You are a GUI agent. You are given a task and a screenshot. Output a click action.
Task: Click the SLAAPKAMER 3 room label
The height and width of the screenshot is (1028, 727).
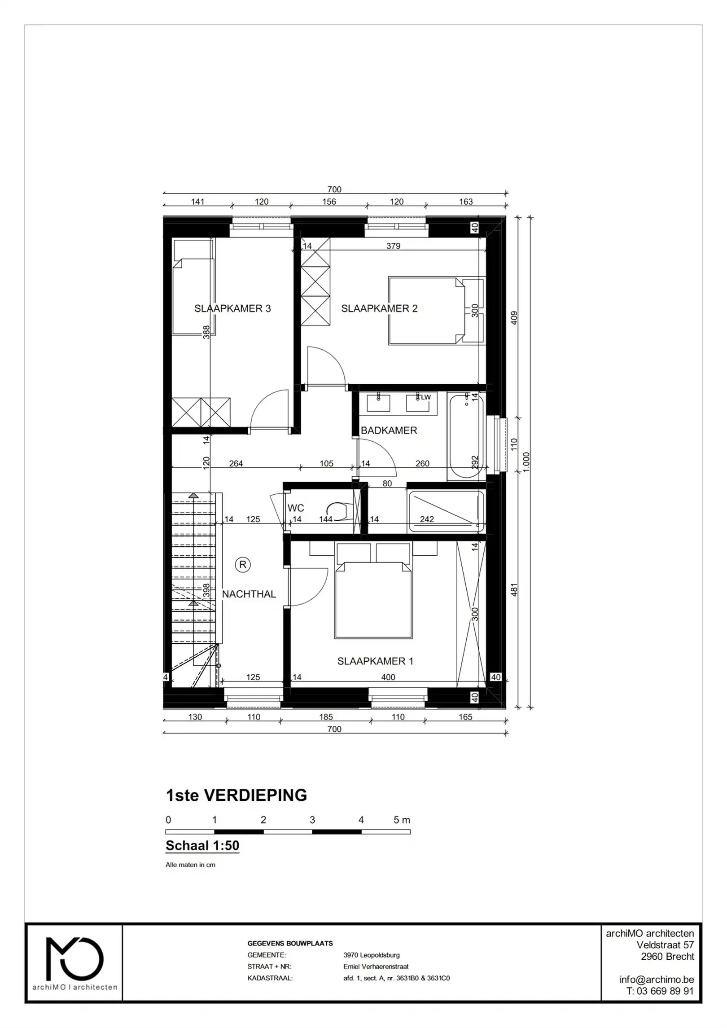pyautogui.click(x=232, y=308)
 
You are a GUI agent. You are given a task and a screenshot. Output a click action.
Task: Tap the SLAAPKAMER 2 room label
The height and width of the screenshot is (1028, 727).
pyautogui.click(x=379, y=308)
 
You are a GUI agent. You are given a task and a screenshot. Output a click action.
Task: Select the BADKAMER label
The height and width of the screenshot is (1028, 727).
pyautogui.click(x=389, y=430)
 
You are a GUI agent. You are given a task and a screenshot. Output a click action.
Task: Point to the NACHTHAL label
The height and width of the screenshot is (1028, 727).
pyautogui.click(x=249, y=594)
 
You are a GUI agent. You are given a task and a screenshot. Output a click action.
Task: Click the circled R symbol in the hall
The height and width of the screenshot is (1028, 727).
pyautogui.click(x=243, y=565)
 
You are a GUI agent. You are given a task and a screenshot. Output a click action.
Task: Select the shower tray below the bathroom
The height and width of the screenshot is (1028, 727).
pyautogui.click(x=446, y=512)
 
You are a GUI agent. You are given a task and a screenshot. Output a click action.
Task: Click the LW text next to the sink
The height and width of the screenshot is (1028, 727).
pyautogui.click(x=425, y=397)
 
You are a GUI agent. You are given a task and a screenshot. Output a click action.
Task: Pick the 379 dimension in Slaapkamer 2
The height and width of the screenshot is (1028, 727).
pyautogui.click(x=393, y=246)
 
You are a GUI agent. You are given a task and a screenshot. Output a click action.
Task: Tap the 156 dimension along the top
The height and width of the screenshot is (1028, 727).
pyautogui.click(x=329, y=202)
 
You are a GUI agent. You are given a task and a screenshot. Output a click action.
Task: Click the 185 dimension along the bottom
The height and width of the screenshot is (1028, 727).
pyautogui.click(x=326, y=717)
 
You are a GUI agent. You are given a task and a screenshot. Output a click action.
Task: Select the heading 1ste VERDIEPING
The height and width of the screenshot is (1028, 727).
pyautogui.click(x=236, y=795)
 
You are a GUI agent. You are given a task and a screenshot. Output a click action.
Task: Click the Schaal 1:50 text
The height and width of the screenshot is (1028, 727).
pyautogui.click(x=202, y=845)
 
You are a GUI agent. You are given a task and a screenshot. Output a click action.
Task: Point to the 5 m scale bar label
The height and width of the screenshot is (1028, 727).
pyautogui.click(x=402, y=820)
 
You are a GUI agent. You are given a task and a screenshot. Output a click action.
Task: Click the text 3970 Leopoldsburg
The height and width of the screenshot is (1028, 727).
pyautogui.click(x=371, y=955)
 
